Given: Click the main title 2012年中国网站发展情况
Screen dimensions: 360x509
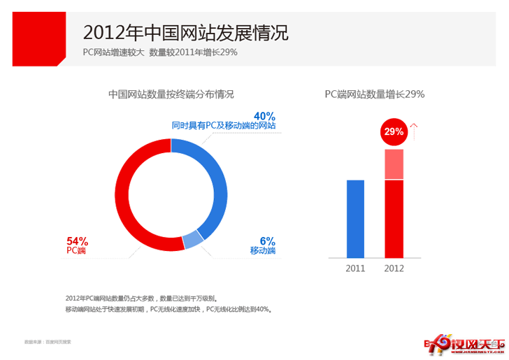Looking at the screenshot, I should point(185,32).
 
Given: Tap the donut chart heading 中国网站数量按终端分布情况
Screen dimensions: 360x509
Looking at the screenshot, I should point(171,94).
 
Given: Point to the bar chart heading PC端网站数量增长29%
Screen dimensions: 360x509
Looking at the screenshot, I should point(375,94).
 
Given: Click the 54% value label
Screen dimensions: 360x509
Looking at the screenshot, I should point(77,240).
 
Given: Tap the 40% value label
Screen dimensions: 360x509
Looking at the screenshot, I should point(264,115).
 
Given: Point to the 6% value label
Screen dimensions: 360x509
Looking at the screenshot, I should point(268,240).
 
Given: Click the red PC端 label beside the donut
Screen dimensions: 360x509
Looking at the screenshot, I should point(77,250).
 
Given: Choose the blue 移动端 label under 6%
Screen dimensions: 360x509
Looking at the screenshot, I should point(263,250).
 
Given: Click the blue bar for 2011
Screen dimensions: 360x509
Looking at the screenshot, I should point(356,219).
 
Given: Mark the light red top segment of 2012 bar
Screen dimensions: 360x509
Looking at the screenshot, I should point(394,164).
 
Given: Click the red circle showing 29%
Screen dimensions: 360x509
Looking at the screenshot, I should point(394,131).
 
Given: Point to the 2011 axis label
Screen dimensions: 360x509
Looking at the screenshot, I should point(356,268).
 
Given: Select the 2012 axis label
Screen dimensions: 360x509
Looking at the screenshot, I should point(394,268).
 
